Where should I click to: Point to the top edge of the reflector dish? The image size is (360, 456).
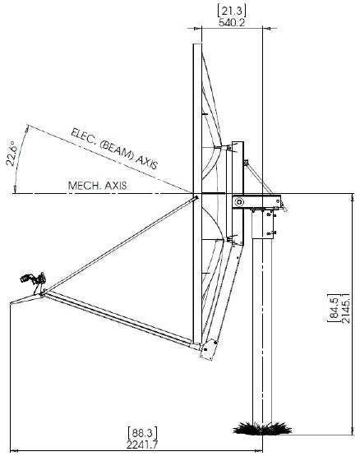[x=196, y=45]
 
